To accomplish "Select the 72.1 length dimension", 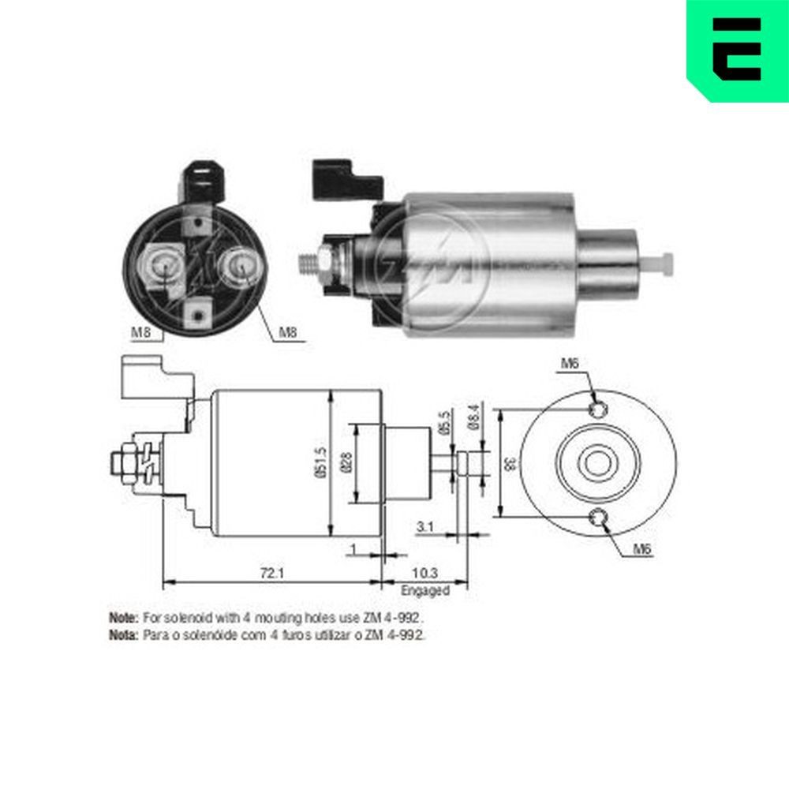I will click(271, 574).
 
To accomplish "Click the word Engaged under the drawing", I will click(425, 590).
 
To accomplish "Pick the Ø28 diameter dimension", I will click(348, 463).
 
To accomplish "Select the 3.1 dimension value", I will click(423, 527).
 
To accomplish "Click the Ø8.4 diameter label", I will click(473, 415).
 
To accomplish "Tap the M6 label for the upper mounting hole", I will click(570, 364).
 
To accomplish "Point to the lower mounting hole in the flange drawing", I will click(600, 518).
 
